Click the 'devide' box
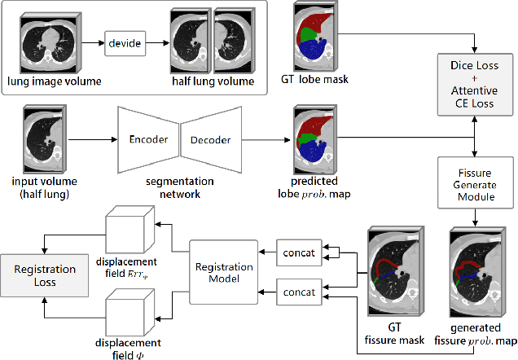point(127,42)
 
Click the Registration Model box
point(222,270)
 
